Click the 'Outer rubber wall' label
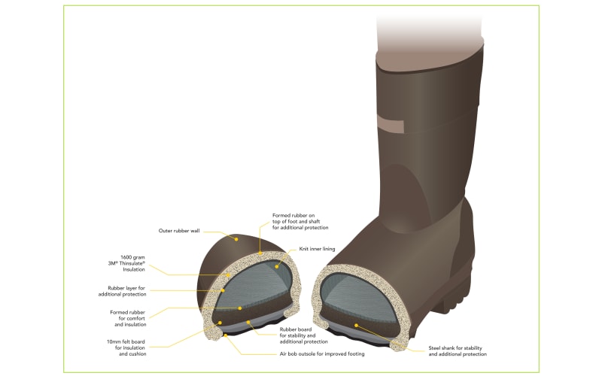[179, 231]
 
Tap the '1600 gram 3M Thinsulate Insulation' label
[126, 264]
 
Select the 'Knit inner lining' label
[317, 249]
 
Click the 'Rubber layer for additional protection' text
[122, 291]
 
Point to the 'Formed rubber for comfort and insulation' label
[128, 318]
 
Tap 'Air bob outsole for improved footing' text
[322, 353]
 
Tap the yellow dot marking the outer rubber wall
[236, 239]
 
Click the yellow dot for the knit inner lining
[276, 266]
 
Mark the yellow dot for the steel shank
[356, 326]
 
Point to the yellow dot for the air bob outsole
[226, 335]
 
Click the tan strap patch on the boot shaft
[391, 124]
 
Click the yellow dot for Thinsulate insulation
[229, 274]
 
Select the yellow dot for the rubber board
[248, 322]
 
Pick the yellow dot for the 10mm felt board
[220, 323]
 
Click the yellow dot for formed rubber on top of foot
[260, 253]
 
